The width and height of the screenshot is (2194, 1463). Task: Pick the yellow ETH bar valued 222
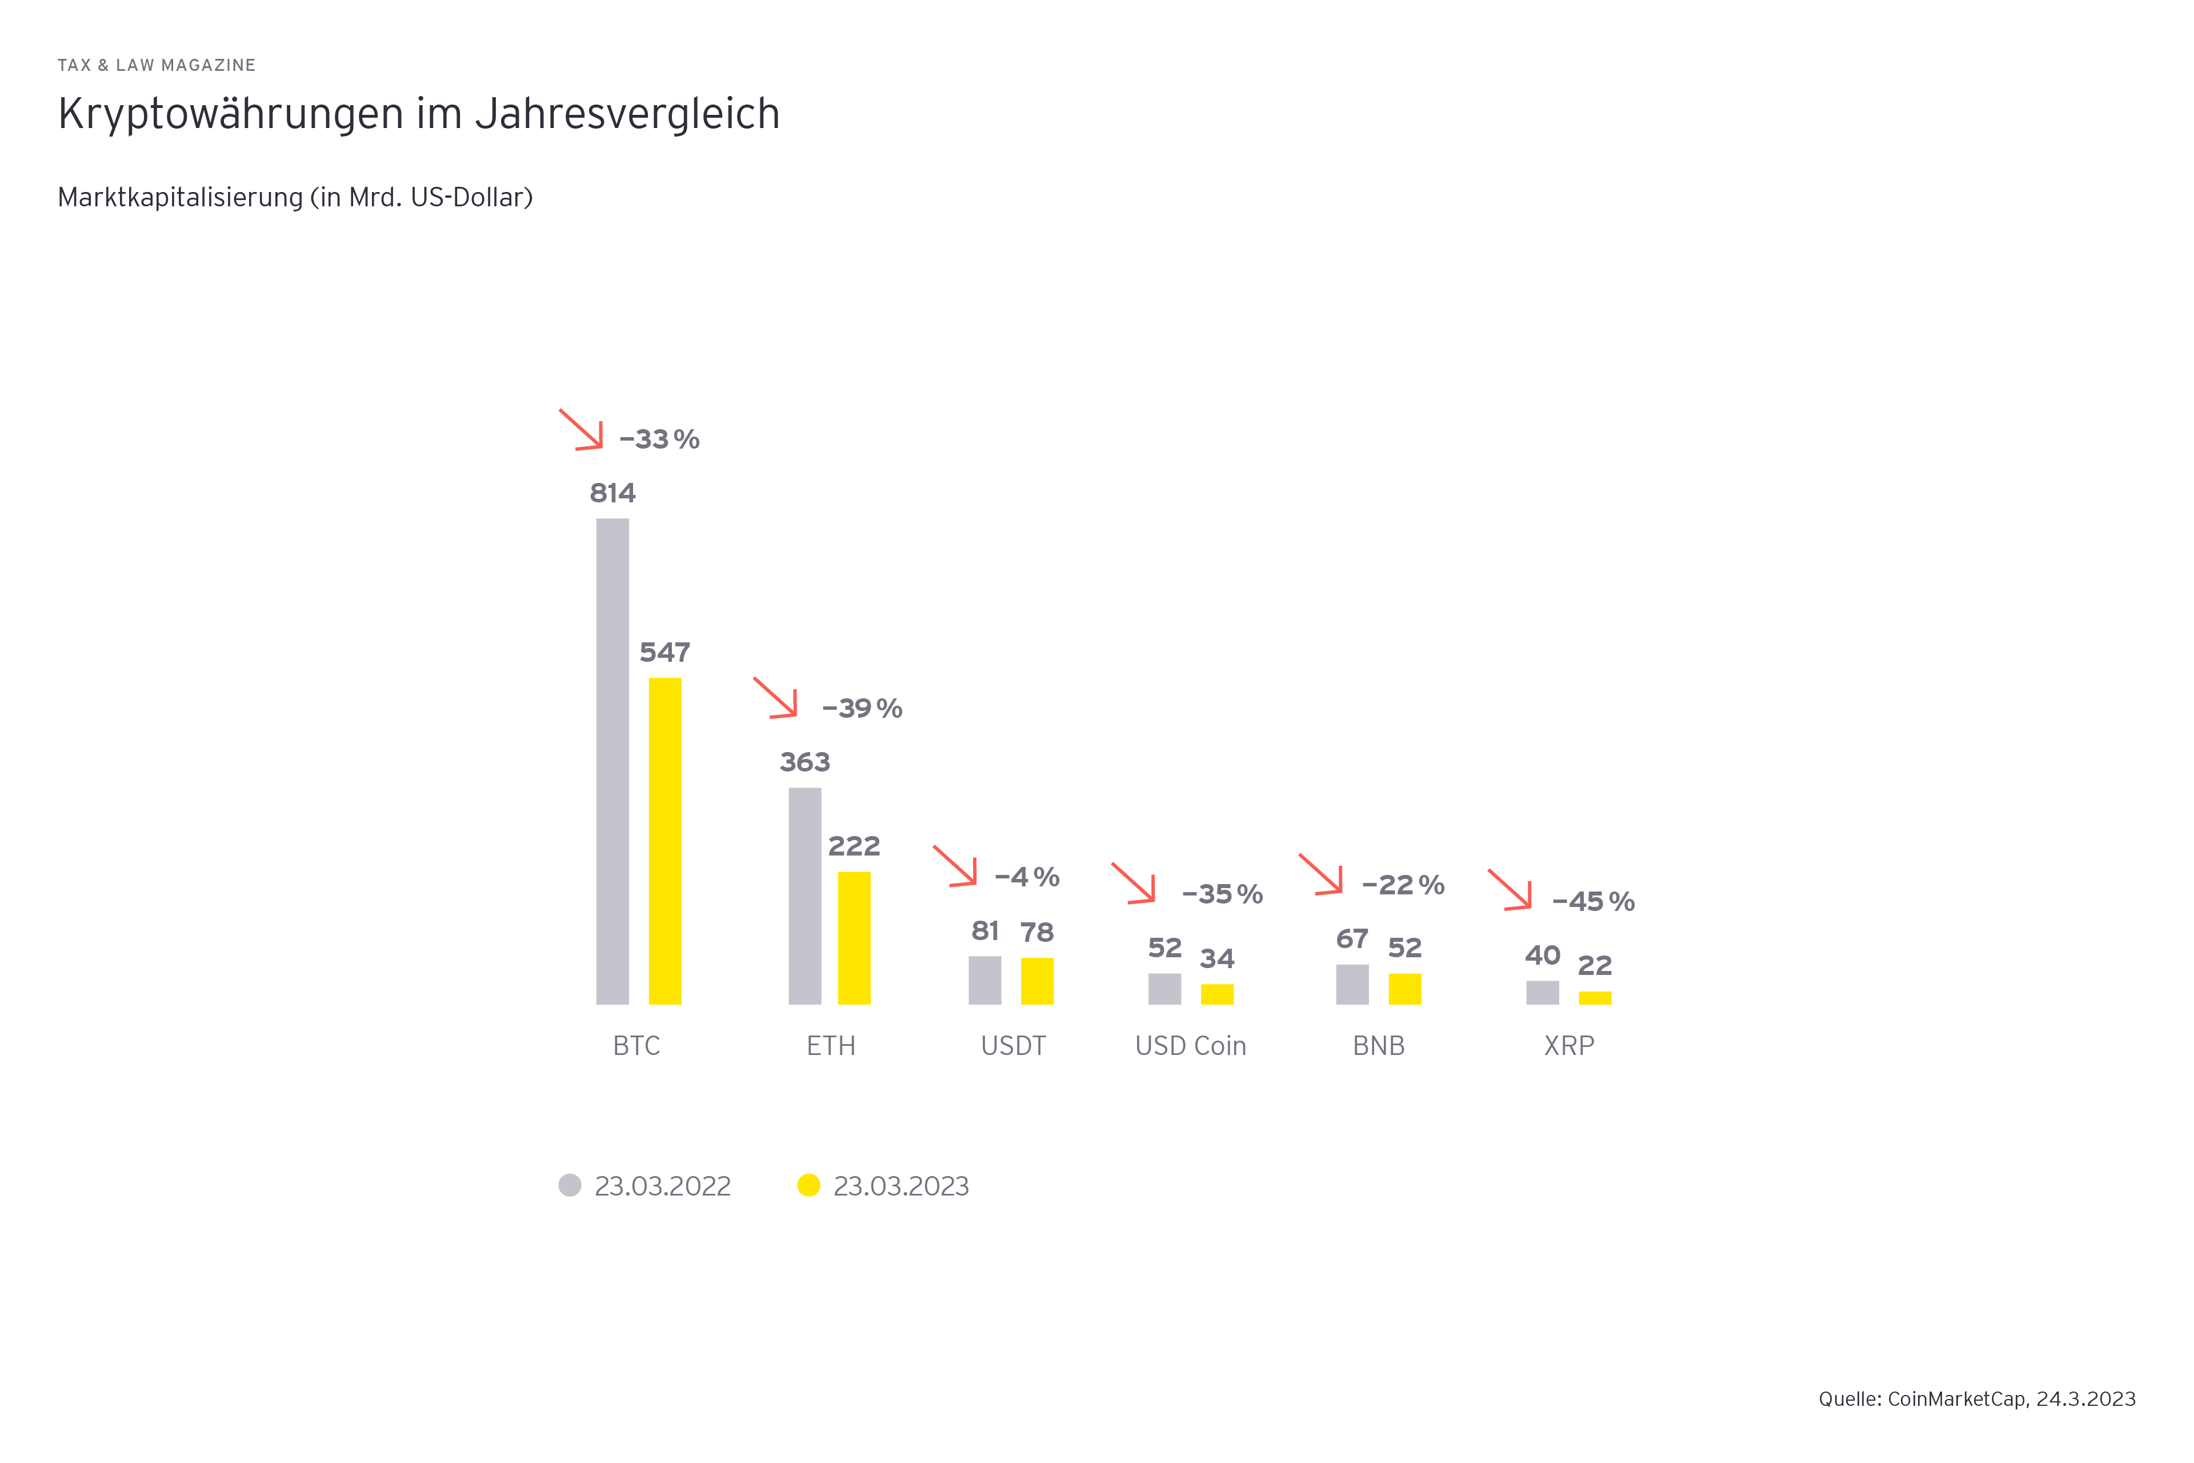[x=854, y=938]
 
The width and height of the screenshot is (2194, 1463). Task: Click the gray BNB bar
[x=1352, y=984]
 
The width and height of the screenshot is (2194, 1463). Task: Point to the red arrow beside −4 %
[x=955, y=866]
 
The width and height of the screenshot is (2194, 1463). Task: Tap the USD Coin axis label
[x=1190, y=1046]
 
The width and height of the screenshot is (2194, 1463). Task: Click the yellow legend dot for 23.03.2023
[x=809, y=1185]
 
